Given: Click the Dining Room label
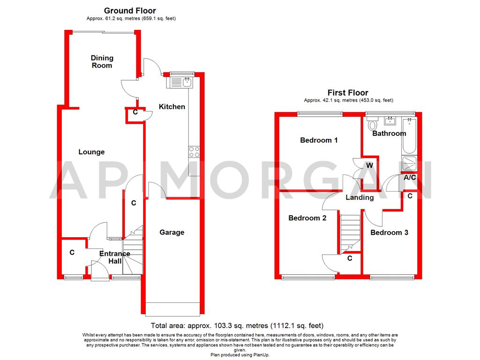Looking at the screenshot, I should pos(102,62).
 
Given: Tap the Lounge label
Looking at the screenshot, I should pos(91,152).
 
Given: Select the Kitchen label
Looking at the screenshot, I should pos(172,107).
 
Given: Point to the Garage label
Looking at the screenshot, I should pos(172,232).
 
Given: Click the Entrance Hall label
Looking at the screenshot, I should pos(114,257).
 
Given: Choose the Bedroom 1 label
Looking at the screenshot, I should pos(319,140).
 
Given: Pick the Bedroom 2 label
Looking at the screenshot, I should pos(307,218).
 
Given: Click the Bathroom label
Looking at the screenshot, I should pos(389,134).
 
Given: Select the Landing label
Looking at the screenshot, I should pos(360,197).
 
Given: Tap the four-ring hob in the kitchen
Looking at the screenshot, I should pos(194,152).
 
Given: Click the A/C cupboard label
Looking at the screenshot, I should pos(410,177).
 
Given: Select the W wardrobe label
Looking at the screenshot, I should pos(369,165).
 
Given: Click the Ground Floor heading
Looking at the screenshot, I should pos(130,10).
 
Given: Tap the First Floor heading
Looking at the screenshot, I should pos(348,93).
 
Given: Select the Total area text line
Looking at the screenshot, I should pos(237,325).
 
